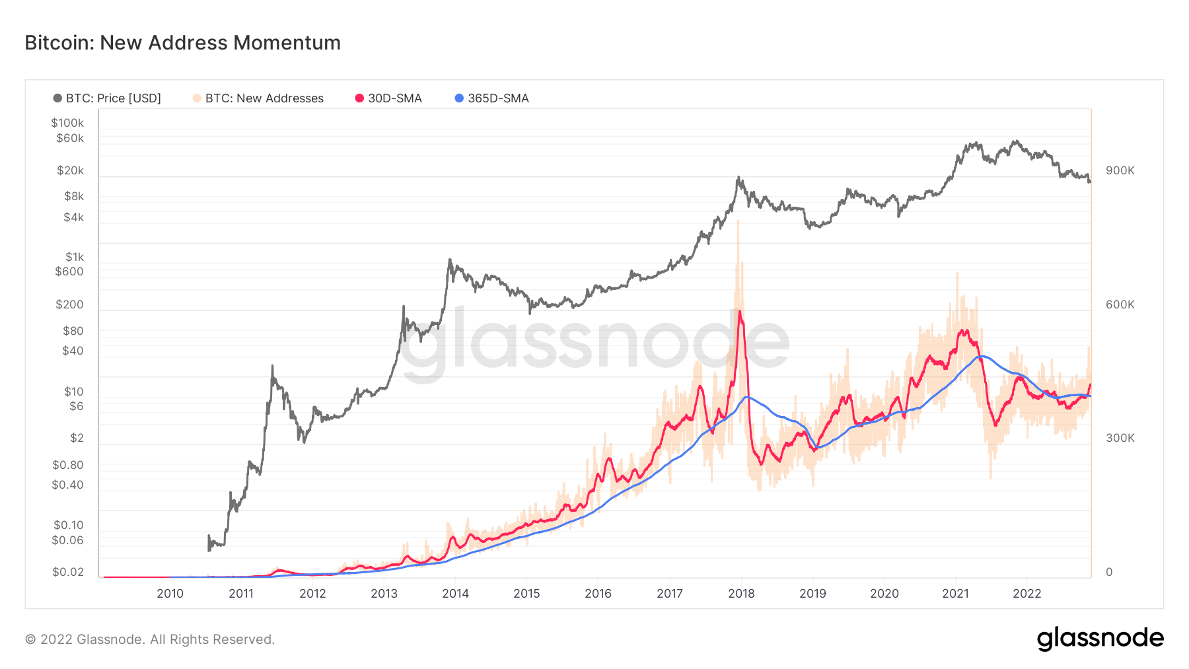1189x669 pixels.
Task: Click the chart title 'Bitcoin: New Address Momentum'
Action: click(x=182, y=43)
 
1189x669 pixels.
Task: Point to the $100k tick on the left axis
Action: click(x=67, y=123)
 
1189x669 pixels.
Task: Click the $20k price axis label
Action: click(x=70, y=170)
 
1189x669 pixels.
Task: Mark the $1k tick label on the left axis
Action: click(x=74, y=257)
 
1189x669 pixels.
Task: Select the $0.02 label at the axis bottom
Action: click(x=68, y=572)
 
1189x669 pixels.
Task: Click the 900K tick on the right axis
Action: click(x=1120, y=170)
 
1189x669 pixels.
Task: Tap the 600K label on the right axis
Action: click(x=1120, y=304)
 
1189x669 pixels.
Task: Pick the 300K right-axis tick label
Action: click(x=1120, y=438)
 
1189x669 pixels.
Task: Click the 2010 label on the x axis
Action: click(x=170, y=594)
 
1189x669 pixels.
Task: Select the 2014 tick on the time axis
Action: click(x=455, y=594)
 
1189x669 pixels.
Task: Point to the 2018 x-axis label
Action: click(x=741, y=594)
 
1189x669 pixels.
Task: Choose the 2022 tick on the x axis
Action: click(x=1027, y=594)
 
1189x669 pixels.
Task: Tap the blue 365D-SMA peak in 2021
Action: click(x=982, y=357)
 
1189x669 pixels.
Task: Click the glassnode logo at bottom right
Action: click(x=1100, y=639)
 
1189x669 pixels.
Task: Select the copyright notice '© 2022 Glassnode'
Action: click(x=149, y=639)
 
